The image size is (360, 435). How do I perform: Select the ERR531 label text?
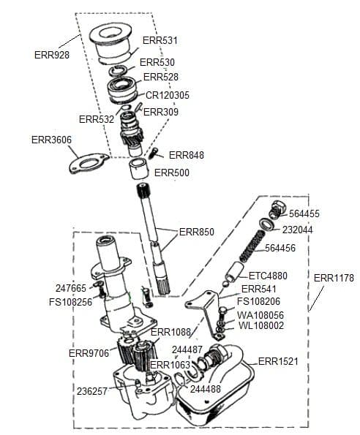[x=160, y=40]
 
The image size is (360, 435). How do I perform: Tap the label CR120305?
[x=168, y=95]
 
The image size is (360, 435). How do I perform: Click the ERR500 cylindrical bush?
[x=139, y=170]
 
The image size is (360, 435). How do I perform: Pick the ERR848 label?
[x=187, y=155]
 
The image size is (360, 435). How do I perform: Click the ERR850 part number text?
[x=197, y=232]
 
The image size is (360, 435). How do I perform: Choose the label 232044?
[x=299, y=229]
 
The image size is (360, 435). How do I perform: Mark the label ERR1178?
[x=334, y=278]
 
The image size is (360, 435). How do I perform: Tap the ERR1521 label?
[x=278, y=361]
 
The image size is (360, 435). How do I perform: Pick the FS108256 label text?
[x=70, y=300]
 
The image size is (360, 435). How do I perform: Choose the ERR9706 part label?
[x=89, y=353]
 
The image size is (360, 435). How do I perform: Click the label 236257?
[x=92, y=390]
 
